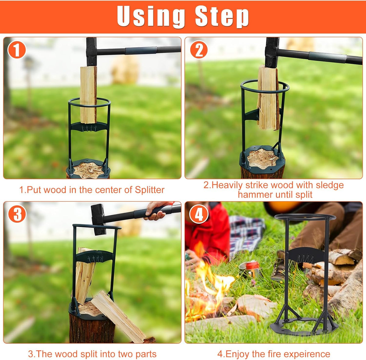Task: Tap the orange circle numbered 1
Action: [16, 50]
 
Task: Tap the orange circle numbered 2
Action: [199, 50]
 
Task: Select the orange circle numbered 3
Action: [17, 214]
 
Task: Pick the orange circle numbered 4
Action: [199, 214]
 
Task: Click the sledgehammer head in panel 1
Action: [91, 51]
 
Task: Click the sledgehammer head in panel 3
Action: [99, 219]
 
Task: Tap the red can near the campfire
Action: [252, 265]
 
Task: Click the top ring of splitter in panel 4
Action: [305, 217]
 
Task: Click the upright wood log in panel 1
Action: [88, 95]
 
